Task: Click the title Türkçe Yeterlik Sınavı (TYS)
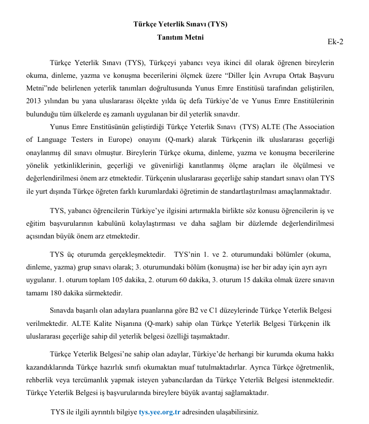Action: click(180, 24)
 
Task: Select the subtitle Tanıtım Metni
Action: click(180, 37)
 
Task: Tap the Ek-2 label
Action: click(335, 42)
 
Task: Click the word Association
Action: click(314, 127)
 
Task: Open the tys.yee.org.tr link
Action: click(160, 412)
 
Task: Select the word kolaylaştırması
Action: click(163, 224)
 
